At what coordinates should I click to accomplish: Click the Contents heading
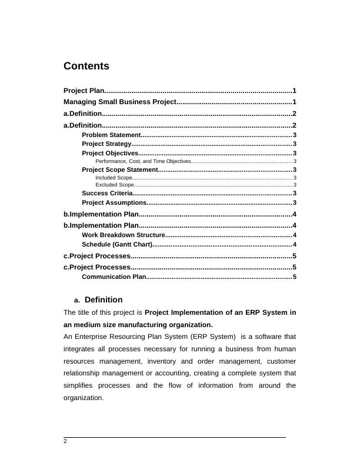(x=86, y=66)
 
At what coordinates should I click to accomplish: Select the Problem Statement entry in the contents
(x=111, y=135)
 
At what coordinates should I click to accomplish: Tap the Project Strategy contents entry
(x=106, y=144)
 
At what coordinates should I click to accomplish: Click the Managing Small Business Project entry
(x=120, y=102)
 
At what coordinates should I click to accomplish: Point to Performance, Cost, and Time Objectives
(x=143, y=161)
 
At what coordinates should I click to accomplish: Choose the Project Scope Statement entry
(x=120, y=169)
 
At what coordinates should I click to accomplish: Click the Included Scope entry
(x=114, y=177)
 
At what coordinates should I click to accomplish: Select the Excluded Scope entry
(x=114, y=185)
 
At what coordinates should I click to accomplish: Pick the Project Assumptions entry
(x=113, y=202)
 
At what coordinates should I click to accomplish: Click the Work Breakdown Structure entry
(x=124, y=235)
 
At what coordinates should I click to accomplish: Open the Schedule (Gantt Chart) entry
(x=116, y=244)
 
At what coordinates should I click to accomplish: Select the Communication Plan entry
(x=114, y=277)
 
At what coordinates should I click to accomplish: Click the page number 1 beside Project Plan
(x=294, y=91)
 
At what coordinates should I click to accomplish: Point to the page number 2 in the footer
(x=65, y=441)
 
